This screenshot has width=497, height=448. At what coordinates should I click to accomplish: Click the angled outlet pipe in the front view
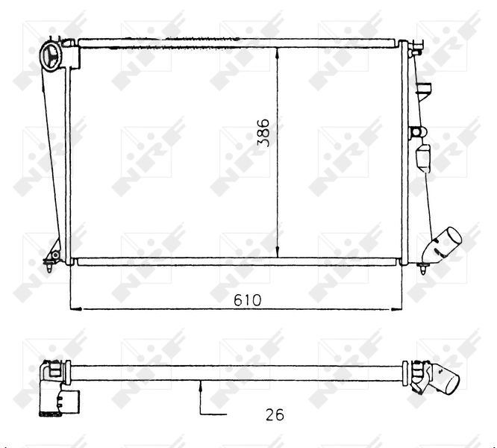pos(446,245)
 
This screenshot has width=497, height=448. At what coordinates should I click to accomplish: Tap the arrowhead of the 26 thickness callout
pos(201,385)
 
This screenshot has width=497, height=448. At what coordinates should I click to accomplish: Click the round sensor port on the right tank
pos(416,133)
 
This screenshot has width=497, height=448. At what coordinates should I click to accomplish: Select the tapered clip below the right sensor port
pos(422,158)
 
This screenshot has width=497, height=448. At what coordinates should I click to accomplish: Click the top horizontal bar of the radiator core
pos(239,43)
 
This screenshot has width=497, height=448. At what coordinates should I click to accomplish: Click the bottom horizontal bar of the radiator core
pos(239,261)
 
